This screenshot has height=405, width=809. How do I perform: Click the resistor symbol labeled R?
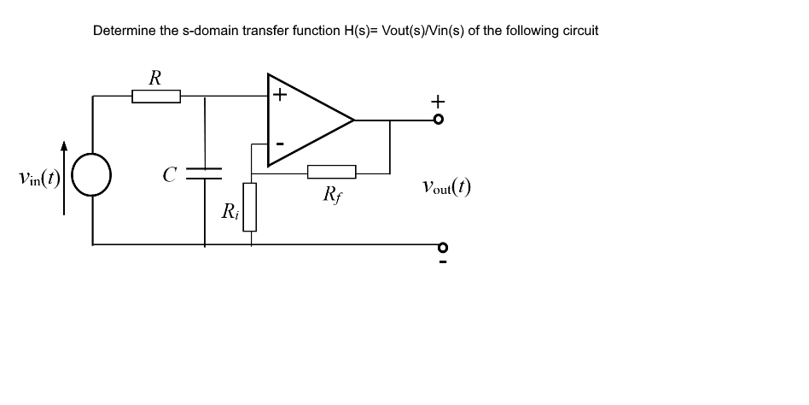click(x=156, y=97)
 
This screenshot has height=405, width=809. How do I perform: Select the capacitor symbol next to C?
click(x=204, y=174)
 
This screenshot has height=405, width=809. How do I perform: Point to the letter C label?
click(x=170, y=175)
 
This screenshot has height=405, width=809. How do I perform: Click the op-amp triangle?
click(x=307, y=120)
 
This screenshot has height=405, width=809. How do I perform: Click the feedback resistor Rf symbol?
click(x=331, y=171)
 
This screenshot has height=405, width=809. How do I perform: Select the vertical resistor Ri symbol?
click(x=250, y=207)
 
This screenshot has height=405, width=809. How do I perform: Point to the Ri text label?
click(x=230, y=211)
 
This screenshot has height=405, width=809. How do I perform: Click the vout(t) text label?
click(x=445, y=186)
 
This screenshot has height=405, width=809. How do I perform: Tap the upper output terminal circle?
click(x=439, y=120)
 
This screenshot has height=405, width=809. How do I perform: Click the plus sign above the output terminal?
click(x=439, y=101)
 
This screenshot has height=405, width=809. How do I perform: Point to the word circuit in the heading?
click(x=578, y=31)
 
